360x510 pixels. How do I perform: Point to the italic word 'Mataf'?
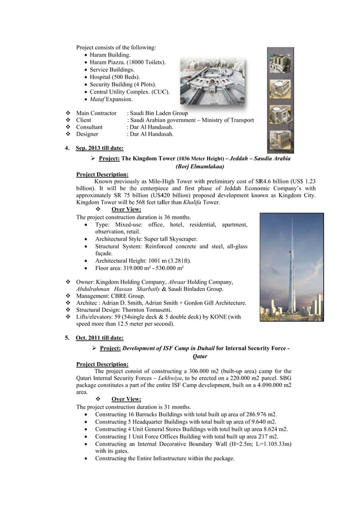(98, 99)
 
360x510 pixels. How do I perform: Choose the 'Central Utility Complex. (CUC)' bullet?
(129, 91)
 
